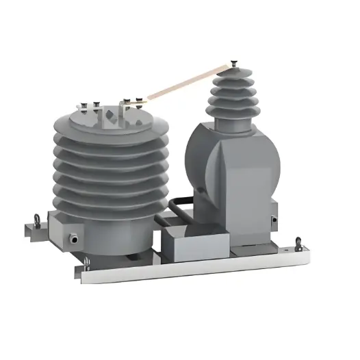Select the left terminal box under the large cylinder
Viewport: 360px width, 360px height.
[65, 233]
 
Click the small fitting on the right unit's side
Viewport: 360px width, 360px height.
[274, 220]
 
